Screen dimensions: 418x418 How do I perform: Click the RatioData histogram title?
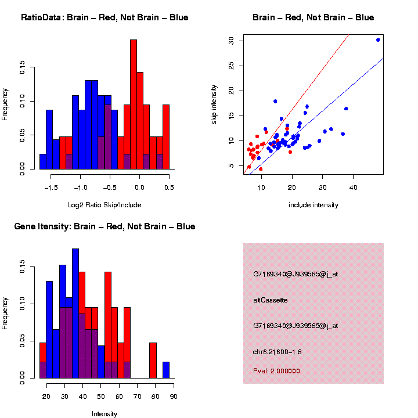[105, 17]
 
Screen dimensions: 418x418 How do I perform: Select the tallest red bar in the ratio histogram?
[134, 105]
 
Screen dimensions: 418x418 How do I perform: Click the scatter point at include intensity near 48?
[378, 40]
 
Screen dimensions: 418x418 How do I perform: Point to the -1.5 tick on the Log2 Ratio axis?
[51, 179]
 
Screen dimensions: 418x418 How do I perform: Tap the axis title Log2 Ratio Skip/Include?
[104, 205]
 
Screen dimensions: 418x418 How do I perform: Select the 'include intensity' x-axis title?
[313, 205]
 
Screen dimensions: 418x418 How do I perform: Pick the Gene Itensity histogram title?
[105, 226]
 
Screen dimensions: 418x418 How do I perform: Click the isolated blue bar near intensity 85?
[166, 370]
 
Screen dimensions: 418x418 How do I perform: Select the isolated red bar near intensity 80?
[153, 361]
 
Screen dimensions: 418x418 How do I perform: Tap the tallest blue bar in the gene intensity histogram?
[75, 313]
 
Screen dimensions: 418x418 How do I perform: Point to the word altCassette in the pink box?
[271, 300]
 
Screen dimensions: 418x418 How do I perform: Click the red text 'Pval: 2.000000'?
[276, 370]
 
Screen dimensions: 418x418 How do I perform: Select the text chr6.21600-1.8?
[278, 351]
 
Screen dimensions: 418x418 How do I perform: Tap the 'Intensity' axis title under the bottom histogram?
[105, 414]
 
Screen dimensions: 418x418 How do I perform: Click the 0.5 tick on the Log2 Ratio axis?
[170, 179]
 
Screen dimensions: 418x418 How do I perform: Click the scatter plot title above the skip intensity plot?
[313, 17]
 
